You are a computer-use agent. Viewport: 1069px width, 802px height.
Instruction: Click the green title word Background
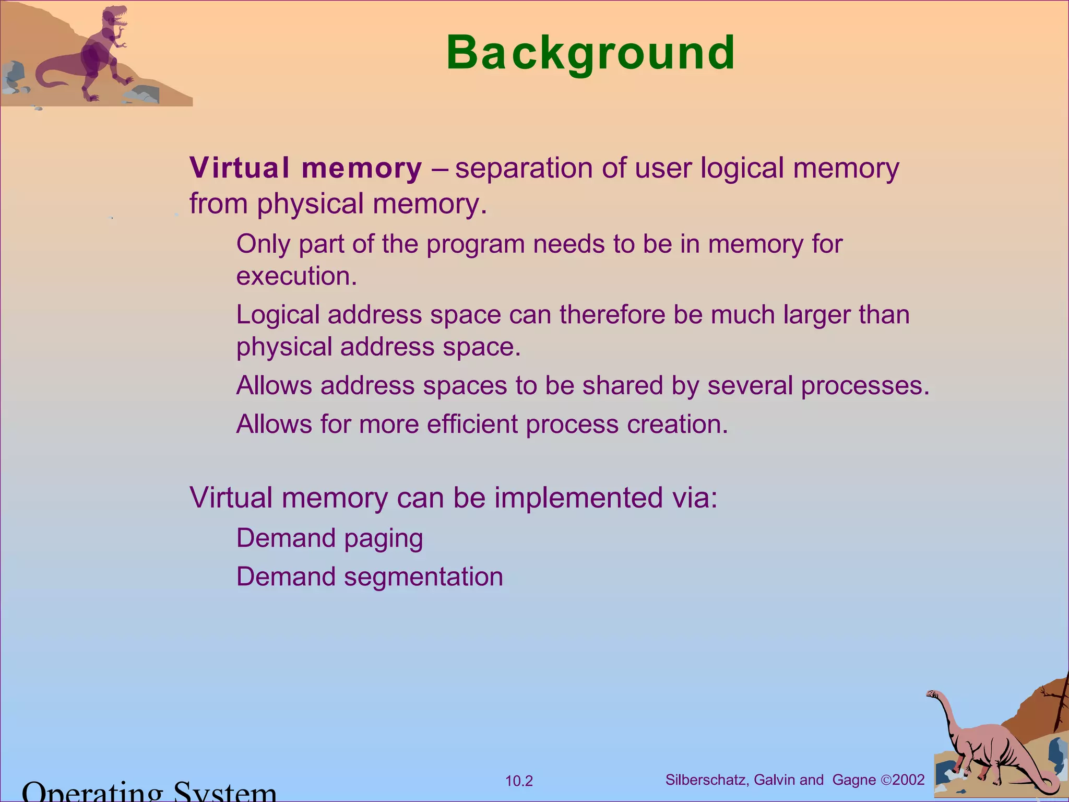click(590, 53)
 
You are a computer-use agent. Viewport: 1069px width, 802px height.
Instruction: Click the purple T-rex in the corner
click(99, 52)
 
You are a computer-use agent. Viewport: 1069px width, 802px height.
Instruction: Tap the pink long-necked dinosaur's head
click(933, 694)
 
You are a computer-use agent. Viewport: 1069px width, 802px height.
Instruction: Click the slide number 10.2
click(519, 781)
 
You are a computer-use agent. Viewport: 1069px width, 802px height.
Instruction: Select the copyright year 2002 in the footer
click(909, 780)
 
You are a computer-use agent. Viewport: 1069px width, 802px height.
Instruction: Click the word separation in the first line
click(524, 168)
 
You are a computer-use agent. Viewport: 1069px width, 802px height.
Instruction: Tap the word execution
click(296, 276)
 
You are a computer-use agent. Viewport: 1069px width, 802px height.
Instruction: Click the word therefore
click(612, 315)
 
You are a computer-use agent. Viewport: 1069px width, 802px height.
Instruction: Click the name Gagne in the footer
click(854, 780)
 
